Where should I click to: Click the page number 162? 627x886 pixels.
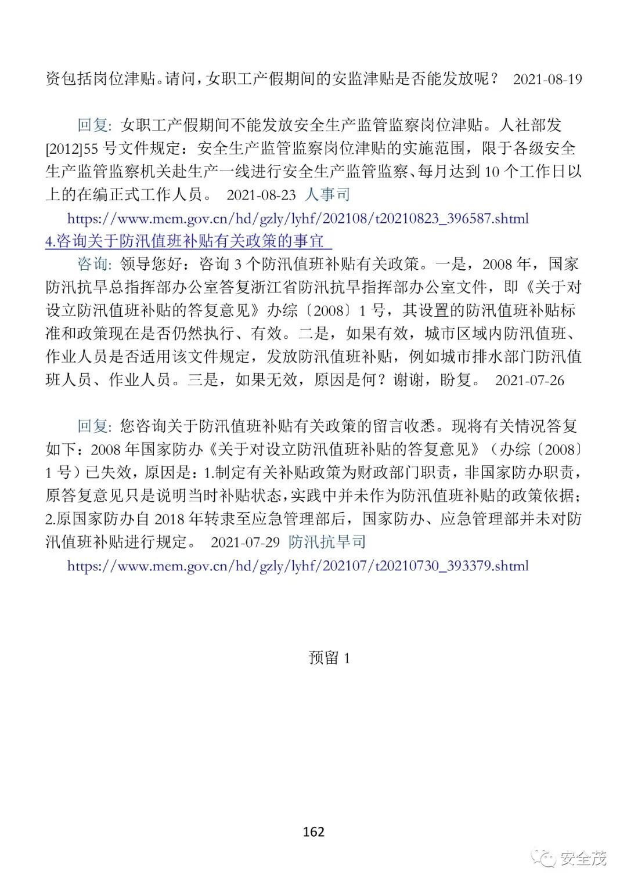click(313, 831)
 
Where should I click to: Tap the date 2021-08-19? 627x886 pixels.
click(547, 79)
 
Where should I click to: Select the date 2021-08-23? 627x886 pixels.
click(261, 195)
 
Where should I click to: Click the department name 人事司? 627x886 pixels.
click(327, 194)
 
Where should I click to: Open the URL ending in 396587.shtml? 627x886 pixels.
click(298, 219)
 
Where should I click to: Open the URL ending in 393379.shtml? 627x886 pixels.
click(298, 566)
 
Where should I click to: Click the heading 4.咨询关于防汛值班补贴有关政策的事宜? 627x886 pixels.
click(188, 241)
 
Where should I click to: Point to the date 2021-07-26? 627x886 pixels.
click(529, 381)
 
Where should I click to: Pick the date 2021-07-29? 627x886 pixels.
click(245, 543)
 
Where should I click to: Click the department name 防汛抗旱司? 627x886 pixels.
click(327, 542)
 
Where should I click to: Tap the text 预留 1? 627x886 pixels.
click(329, 657)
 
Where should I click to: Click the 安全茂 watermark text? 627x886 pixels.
click(583, 858)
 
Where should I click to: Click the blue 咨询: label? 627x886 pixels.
click(95, 265)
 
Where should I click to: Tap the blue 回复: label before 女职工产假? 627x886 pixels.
click(95, 125)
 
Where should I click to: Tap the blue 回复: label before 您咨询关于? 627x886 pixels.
click(95, 426)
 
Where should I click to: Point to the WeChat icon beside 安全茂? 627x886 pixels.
click(545, 858)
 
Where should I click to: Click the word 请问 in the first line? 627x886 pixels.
click(179, 79)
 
